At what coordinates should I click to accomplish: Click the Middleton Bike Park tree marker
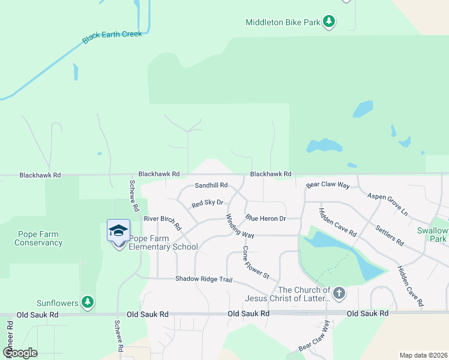[328, 22]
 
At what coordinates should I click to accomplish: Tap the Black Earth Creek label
[112, 37]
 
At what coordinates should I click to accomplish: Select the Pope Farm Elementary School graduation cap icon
[118, 231]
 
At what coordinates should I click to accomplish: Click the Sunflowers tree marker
[88, 302]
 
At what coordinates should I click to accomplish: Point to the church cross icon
[339, 293]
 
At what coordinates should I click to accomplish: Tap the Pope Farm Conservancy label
[38, 239]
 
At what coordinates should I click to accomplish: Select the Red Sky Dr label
[207, 204]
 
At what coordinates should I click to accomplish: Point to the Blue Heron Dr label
[265, 218]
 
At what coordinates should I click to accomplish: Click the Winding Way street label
[240, 225]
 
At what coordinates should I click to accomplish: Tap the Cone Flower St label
[256, 262]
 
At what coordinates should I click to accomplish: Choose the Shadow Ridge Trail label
[203, 279]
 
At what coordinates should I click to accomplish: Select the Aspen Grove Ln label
[387, 205]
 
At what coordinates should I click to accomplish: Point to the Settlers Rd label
[389, 235]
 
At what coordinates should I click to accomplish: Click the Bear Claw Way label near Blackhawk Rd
[328, 186]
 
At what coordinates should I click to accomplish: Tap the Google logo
[20, 352]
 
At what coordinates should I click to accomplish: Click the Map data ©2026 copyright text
[423, 355]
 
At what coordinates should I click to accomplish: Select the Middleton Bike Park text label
[283, 23]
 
